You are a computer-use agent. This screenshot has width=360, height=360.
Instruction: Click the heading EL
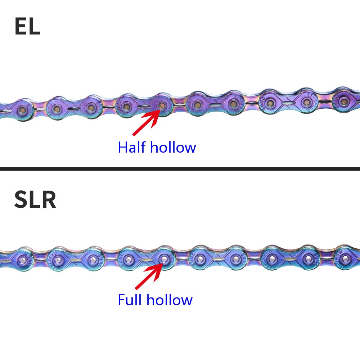[27, 27]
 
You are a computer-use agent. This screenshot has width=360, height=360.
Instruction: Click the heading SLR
[35, 201]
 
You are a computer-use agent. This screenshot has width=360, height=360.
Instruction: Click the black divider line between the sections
[180, 168]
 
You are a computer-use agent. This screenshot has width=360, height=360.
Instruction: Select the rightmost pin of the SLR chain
[345, 258]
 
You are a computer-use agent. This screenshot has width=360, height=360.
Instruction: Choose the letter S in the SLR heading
[22, 201]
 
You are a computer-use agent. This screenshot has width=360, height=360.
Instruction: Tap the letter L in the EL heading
[34, 27]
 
